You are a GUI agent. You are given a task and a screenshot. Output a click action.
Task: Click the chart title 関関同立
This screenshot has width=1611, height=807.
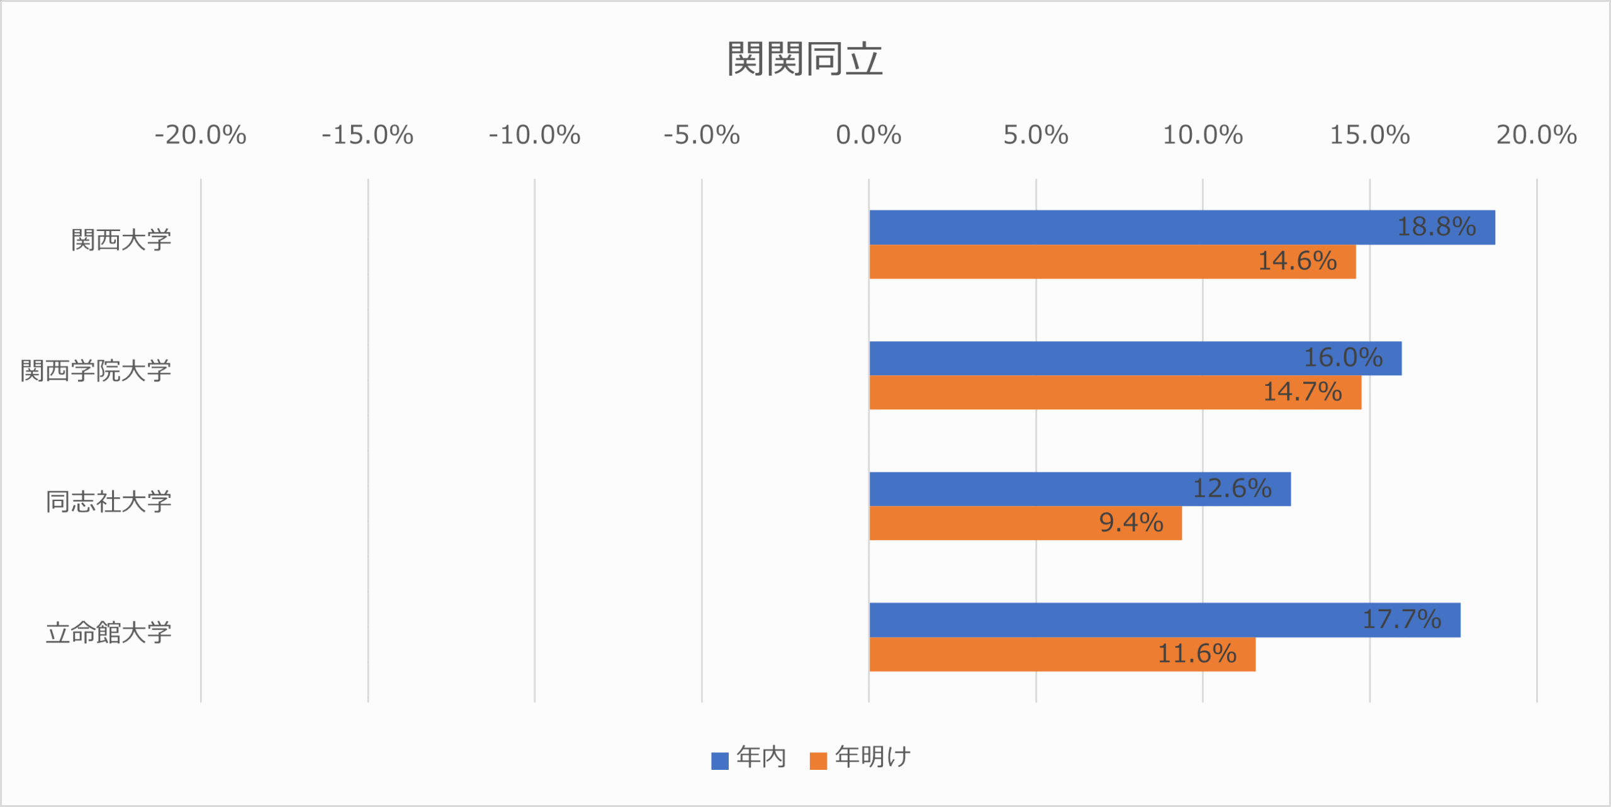(805, 59)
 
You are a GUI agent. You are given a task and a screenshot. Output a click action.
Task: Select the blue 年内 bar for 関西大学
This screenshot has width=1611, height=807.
(1133, 227)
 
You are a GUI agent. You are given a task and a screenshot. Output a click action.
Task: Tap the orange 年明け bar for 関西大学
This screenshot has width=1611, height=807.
(1070, 262)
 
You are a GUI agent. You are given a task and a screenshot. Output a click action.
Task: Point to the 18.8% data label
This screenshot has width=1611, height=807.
(1436, 227)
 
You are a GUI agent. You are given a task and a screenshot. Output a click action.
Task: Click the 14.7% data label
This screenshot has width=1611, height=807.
(1303, 392)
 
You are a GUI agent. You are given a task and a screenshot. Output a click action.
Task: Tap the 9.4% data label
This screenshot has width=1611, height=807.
(1131, 523)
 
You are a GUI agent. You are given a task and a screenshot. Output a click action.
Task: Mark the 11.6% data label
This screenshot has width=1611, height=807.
(1197, 654)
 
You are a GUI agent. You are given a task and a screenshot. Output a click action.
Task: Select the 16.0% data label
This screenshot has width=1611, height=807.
(1343, 358)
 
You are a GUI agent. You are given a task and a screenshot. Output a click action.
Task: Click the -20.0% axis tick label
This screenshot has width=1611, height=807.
(200, 135)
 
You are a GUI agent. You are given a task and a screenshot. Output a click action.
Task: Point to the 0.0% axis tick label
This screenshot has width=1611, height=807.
(868, 135)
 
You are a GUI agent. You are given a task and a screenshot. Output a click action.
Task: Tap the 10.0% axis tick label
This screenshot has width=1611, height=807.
(1203, 135)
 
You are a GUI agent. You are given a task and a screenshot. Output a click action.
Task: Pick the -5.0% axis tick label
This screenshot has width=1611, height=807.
(701, 135)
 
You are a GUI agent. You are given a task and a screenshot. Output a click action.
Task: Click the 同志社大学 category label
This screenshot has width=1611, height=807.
(108, 502)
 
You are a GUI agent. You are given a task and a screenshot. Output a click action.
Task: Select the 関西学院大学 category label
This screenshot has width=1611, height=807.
(96, 371)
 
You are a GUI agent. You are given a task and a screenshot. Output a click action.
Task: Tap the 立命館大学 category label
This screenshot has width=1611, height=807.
(108, 633)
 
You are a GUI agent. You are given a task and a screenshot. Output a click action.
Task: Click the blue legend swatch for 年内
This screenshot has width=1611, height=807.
(719, 761)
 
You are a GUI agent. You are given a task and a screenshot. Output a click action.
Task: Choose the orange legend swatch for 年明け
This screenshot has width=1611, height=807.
(818, 761)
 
